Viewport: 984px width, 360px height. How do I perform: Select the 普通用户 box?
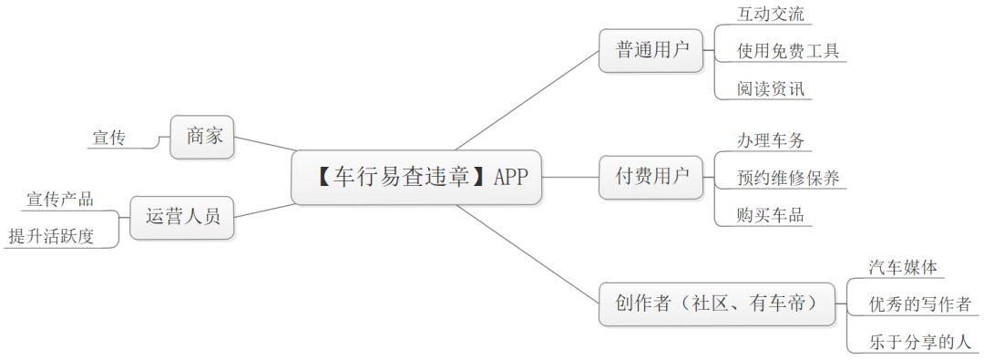[651, 51]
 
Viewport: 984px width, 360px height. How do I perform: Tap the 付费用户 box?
[651, 177]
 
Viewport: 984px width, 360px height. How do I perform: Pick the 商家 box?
[203, 137]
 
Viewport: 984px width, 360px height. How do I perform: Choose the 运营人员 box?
[182, 217]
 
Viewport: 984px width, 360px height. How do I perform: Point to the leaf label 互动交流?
[771, 14]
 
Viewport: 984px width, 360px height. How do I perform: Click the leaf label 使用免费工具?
[787, 51]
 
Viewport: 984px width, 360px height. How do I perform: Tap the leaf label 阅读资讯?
[771, 88]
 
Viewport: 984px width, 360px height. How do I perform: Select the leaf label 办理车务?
[771, 140]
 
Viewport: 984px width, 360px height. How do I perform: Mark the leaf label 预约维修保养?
[787, 178]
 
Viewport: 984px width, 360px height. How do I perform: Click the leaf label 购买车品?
[771, 215]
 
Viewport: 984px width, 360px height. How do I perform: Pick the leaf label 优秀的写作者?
[918, 303]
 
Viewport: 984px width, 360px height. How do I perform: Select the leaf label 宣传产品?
[60, 200]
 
